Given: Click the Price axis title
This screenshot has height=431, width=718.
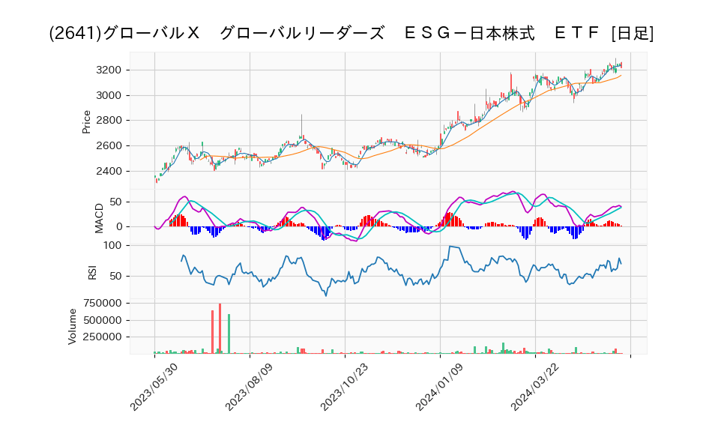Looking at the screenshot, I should (86, 121).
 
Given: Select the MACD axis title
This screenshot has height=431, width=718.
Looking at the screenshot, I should (99, 217).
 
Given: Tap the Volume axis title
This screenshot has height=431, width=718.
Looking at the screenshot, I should (73, 326).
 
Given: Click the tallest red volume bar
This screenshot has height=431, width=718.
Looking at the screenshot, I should (220, 328).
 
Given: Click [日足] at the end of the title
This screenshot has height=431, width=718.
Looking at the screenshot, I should (632, 34).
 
